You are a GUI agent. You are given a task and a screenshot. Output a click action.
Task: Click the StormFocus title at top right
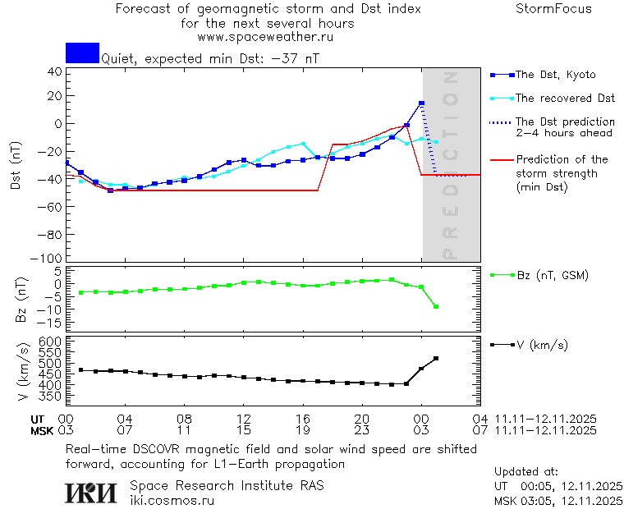point(553,9)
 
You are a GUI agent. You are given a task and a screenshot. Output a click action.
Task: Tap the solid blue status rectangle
point(82,53)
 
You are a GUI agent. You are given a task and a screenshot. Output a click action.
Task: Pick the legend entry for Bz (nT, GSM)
point(551,275)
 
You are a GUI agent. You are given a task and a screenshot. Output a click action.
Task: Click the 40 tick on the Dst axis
point(55,71)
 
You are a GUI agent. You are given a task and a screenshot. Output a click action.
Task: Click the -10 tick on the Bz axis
point(51,310)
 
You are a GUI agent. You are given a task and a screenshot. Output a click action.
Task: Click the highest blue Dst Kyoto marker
point(421,103)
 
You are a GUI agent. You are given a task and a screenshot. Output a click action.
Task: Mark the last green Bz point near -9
point(436,307)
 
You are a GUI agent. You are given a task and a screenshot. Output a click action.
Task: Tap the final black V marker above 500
point(436,359)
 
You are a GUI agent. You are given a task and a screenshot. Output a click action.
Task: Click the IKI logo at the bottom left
point(93,493)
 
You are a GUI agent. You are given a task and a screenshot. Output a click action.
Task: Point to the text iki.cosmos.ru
point(172,500)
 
